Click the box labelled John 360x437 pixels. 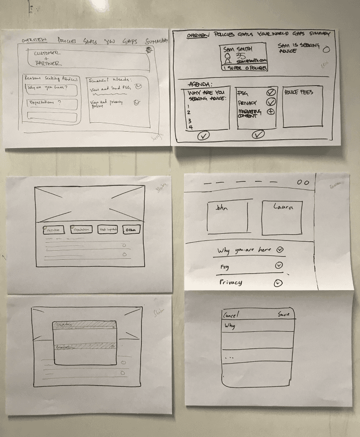click(x=227, y=218)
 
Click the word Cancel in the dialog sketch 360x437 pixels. click(x=231, y=314)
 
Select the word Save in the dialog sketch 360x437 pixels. click(x=283, y=314)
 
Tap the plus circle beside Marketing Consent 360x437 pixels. click(x=270, y=111)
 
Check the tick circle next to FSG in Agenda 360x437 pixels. click(x=270, y=93)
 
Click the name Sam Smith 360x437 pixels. click(x=238, y=49)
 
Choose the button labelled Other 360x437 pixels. click(x=131, y=230)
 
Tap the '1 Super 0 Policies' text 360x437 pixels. click(x=244, y=68)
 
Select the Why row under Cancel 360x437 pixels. click(x=258, y=326)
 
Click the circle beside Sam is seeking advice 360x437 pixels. click(x=326, y=49)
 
